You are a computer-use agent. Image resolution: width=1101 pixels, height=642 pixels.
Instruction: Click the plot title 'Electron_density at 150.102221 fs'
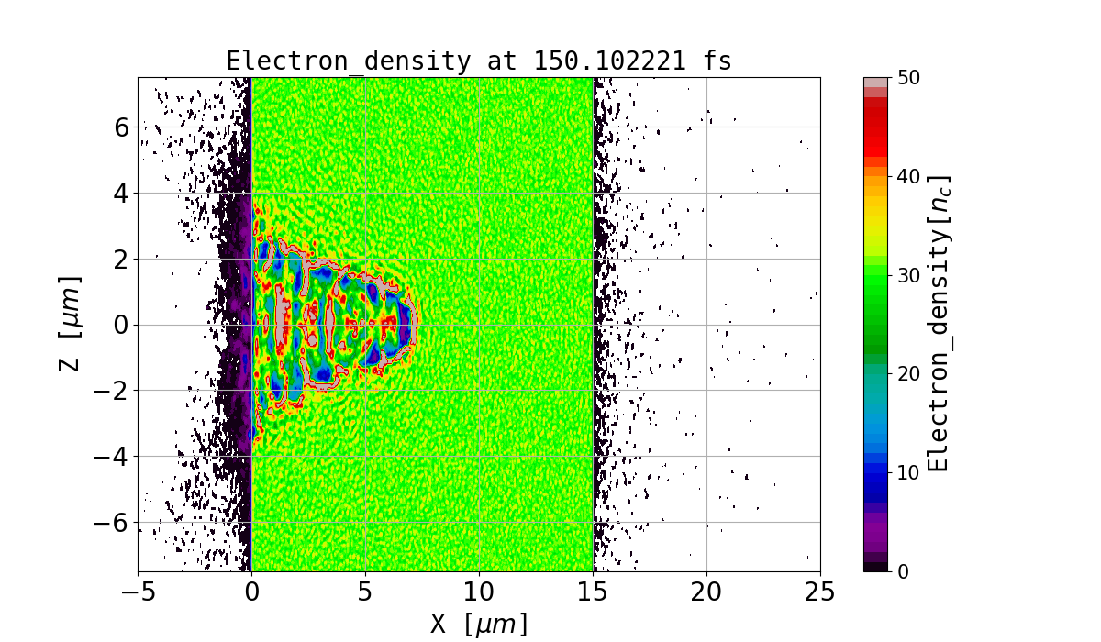coord(478,61)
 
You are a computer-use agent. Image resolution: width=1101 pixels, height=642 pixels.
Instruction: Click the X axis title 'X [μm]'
coord(478,624)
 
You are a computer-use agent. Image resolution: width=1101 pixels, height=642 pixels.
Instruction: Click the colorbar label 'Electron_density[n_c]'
coord(938,324)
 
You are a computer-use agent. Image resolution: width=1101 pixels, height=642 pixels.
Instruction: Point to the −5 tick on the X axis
coord(138,592)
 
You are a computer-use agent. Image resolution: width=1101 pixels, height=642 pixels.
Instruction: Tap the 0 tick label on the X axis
coord(251,592)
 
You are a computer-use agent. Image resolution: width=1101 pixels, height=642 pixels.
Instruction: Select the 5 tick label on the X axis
coord(365,592)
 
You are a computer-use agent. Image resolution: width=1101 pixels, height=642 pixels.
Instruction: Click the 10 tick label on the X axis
coord(479,592)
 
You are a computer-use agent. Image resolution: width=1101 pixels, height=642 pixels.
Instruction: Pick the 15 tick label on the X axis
coord(593,592)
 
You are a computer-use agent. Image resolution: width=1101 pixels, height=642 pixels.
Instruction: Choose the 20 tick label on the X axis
coord(706,592)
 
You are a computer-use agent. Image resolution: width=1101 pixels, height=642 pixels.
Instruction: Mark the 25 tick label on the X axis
coord(819,592)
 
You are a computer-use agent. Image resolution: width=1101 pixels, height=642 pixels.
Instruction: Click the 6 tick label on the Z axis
coord(120,127)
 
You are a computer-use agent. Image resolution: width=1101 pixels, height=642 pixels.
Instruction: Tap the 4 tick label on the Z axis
coord(120,193)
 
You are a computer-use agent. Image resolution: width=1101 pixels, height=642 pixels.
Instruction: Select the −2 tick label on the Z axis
coord(113,391)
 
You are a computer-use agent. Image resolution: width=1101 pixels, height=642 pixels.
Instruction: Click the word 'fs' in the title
coord(717,61)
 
